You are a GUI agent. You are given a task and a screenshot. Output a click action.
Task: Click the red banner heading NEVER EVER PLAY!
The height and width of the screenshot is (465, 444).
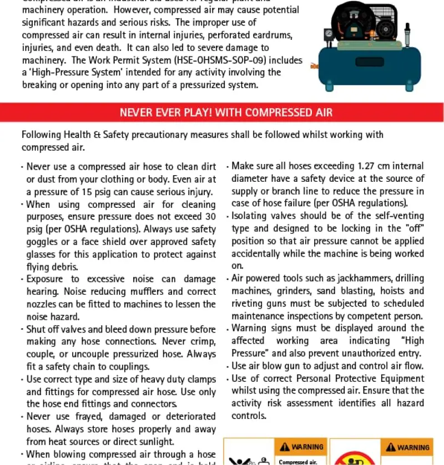coord(226,113)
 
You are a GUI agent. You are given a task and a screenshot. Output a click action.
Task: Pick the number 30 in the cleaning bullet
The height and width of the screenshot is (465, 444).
coord(210,217)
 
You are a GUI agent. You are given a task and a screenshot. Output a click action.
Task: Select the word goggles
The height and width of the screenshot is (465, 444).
coord(43,242)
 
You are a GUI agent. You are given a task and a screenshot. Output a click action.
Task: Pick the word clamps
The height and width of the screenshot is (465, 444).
coord(201,379)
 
